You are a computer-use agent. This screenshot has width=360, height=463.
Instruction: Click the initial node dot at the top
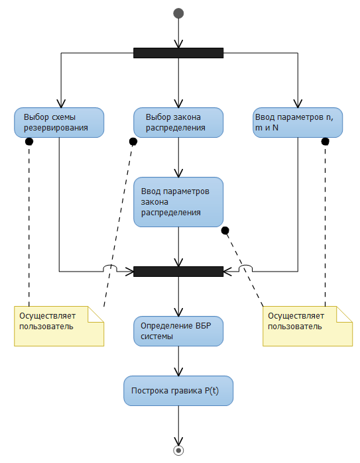178,13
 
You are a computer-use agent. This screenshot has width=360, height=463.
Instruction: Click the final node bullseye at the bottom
178,450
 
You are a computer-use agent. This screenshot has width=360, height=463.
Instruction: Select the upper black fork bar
178,53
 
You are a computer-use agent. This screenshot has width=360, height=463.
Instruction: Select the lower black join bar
178,272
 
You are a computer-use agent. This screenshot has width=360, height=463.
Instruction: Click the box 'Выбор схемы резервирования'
59,123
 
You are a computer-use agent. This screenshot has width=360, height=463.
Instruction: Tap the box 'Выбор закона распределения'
178,123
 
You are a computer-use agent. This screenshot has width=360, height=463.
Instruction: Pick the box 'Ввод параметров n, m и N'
298,123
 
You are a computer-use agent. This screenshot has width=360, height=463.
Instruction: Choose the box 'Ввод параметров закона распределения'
178,202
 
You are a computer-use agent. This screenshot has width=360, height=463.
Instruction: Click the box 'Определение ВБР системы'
178,331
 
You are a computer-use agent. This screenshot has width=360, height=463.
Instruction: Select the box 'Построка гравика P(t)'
178,391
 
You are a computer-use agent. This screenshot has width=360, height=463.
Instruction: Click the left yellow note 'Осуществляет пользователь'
59,326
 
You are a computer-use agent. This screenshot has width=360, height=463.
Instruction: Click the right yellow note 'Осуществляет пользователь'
308,326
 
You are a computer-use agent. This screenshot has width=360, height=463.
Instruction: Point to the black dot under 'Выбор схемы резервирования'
29,142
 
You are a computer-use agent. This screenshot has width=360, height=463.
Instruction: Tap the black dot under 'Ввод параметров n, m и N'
325,142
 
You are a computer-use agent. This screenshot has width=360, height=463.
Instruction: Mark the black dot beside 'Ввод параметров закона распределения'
225,231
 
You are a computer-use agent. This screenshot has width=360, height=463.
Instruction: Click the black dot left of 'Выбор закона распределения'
133,142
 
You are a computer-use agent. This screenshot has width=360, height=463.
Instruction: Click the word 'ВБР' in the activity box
204,326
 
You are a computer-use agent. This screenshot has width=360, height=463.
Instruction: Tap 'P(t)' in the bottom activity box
211,391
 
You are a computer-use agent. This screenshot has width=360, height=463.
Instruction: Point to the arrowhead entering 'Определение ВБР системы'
178,312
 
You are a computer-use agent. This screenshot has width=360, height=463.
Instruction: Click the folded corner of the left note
95,314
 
